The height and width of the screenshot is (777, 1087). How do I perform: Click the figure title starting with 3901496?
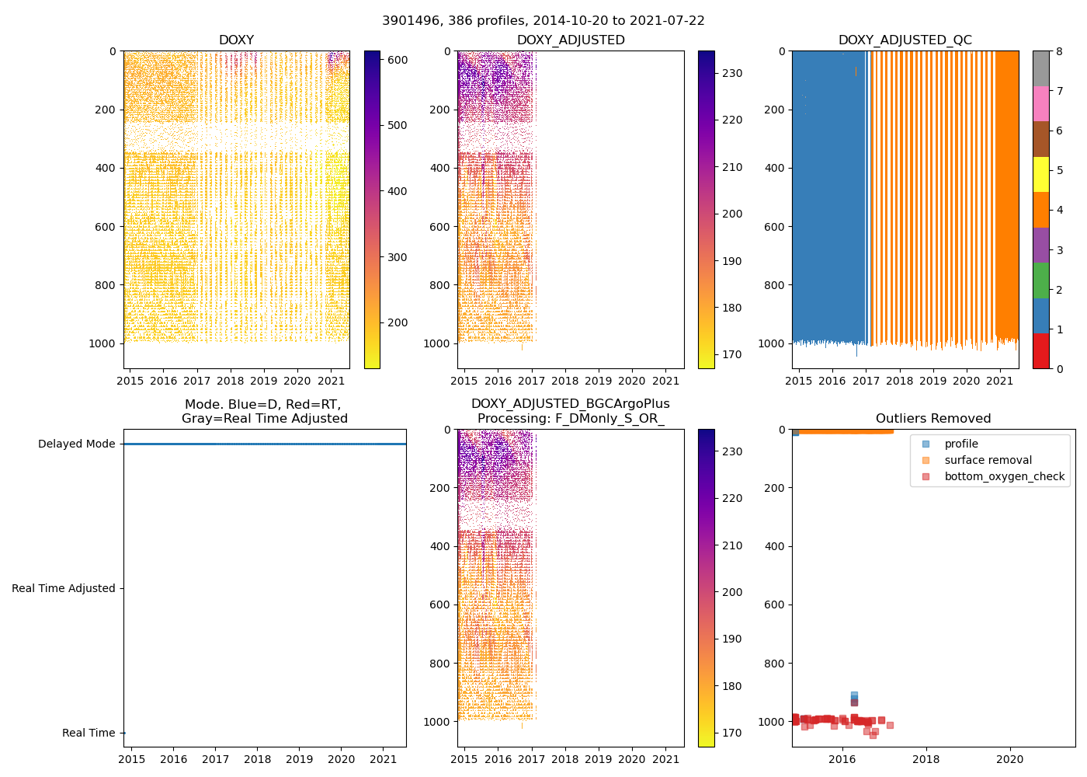click(x=543, y=21)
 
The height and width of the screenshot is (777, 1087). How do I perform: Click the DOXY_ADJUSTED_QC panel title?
click(x=905, y=40)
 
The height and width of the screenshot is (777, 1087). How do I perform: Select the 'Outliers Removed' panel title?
click(x=933, y=419)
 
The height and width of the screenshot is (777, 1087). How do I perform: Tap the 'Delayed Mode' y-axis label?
click(x=76, y=444)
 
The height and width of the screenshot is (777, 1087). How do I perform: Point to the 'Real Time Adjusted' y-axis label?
click(x=64, y=589)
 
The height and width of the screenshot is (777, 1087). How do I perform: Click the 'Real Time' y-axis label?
click(x=89, y=733)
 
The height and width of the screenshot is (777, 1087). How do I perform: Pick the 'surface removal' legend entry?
click(x=988, y=461)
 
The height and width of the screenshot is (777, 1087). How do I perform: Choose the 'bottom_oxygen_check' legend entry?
click(x=1004, y=477)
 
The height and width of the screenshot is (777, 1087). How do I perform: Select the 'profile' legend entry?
click(x=961, y=444)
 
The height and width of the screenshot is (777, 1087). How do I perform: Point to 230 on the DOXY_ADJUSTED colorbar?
click(x=731, y=73)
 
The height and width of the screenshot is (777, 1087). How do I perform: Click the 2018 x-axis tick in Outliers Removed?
click(x=926, y=759)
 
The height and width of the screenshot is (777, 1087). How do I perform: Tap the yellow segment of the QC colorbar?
click(x=1040, y=174)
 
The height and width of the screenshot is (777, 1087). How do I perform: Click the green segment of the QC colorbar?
click(x=1040, y=280)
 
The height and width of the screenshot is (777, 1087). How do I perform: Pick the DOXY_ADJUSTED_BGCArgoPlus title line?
click(x=570, y=404)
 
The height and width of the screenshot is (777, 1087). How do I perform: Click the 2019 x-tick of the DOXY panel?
click(x=263, y=381)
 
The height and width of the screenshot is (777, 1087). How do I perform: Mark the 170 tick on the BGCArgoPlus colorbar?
click(x=731, y=733)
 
